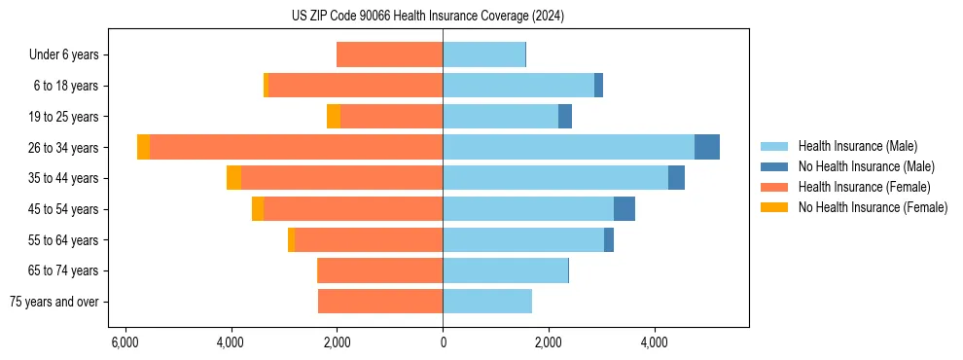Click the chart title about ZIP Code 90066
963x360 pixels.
[x=428, y=17]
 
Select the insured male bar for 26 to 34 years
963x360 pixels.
[x=568, y=147]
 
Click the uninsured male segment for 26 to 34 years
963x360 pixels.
[x=707, y=147]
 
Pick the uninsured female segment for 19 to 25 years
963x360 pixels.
[x=334, y=117]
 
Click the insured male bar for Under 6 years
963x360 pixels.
[x=483, y=54]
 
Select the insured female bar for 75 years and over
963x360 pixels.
[x=380, y=302]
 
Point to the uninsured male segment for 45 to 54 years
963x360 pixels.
[x=624, y=209]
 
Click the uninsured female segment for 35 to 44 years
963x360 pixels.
[x=233, y=178]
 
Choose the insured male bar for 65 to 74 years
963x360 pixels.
[x=505, y=270]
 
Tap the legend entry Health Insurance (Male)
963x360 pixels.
[x=857, y=146]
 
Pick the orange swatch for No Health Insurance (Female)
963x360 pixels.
[x=774, y=207]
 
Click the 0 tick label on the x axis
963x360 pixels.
[x=443, y=342]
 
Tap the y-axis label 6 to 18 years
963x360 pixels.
[x=66, y=86]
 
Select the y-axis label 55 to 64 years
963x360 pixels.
[x=63, y=240]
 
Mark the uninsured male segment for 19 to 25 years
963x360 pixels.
[x=565, y=117]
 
